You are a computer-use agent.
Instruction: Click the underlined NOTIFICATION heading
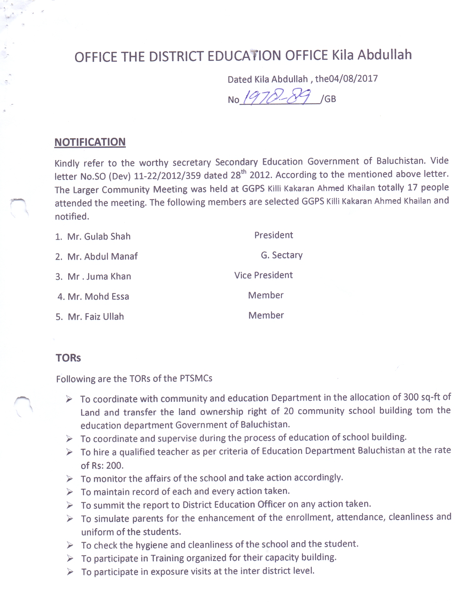(x=90, y=142)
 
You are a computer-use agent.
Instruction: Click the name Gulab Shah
(x=107, y=237)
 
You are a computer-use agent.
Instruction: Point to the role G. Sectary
(x=282, y=255)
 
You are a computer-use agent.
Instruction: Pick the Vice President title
(x=264, y=275)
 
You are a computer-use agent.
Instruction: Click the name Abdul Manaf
(x=111, y=257)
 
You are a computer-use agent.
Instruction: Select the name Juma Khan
(x=109, y=277)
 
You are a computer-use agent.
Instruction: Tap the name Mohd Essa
(x=107, y=297)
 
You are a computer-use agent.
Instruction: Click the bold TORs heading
(x=68, y=358)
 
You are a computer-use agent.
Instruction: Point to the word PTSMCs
(x=196, y=378)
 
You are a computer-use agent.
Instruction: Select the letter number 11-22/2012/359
(x=167, y=176)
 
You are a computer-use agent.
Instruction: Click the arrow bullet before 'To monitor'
(x=69, y=479)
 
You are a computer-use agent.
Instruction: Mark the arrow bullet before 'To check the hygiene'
(x=70, y=545)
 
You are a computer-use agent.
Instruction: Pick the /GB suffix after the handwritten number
(x=330, y=99)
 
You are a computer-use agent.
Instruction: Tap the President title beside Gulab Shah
(x=274, y=235)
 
